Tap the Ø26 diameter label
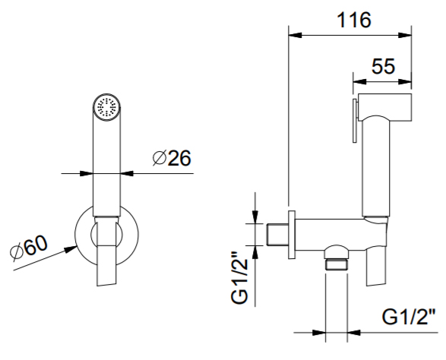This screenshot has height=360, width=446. point(171,158)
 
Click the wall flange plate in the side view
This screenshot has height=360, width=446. point(291,232)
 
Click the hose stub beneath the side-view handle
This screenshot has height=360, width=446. point(376,267)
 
